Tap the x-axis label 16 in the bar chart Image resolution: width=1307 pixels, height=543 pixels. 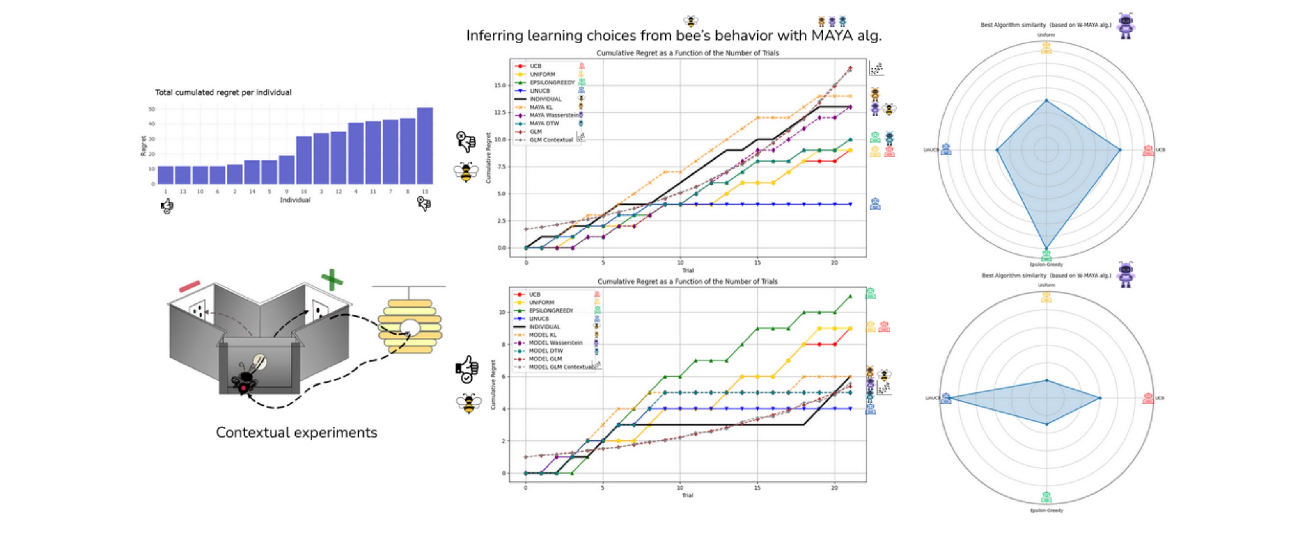tap(304, 192)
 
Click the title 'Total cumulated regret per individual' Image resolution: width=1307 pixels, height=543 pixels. tap(223, 92)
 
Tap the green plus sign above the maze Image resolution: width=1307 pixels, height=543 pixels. tap(332, 280)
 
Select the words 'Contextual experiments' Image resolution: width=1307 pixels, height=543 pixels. tap(296, 433)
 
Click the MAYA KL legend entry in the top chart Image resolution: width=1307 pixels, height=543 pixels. tap(541, 107)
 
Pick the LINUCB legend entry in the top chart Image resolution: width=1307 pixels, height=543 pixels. tap(539, 91)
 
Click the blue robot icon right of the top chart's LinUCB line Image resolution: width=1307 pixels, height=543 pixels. tap(875, 204)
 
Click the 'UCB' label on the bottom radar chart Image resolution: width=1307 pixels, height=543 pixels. tap(1160, 398)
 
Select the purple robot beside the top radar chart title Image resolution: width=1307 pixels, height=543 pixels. tap(1126, 26)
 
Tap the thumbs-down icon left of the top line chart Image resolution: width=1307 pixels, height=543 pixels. tap(466, 142)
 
